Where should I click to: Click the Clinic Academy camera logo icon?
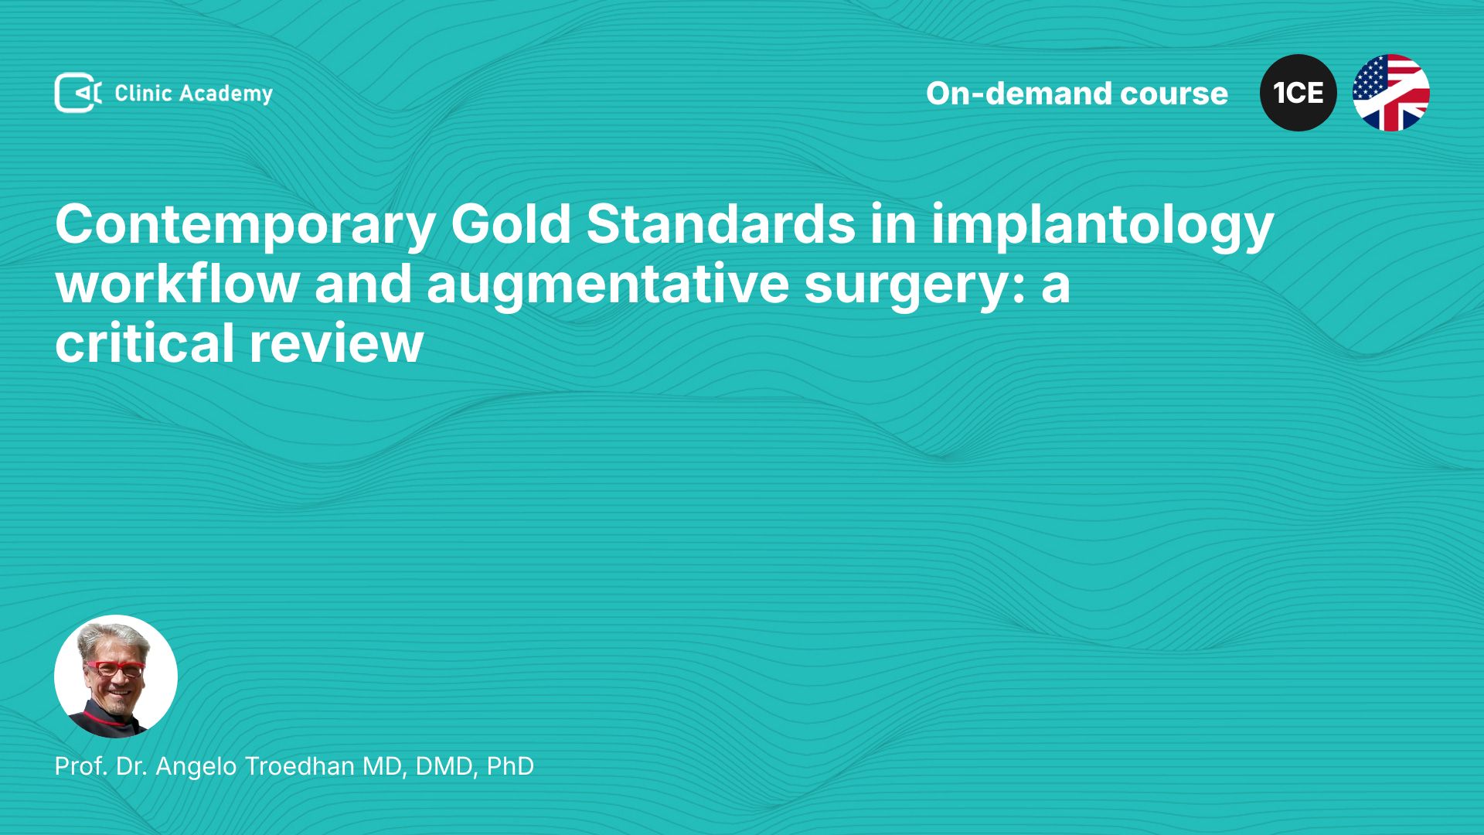pos(78,93)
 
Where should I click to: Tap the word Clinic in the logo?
pos(143,93)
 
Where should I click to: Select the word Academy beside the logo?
pos(226,94)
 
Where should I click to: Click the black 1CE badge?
pos(1298,93)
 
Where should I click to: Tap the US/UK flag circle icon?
pos(1391,93)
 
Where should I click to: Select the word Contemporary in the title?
pos(246,226)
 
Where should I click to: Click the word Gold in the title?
pos(511,224)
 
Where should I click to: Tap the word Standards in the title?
pos(721,224)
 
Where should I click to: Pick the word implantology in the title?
pos(1102,226)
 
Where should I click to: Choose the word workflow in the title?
pos(178,284)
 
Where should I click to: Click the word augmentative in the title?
pos(608,285)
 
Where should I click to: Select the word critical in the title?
pos(145,343)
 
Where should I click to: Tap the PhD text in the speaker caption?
pos(510,766)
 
